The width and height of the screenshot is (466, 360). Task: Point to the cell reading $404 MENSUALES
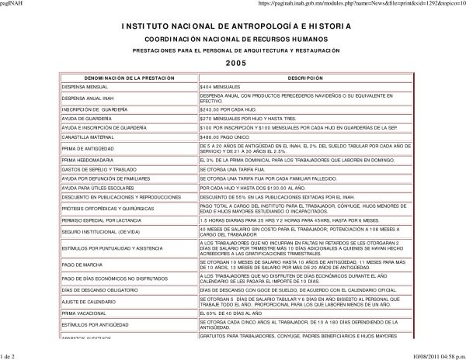222,88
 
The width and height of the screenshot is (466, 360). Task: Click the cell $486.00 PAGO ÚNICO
226,136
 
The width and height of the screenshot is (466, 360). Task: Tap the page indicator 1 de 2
12,355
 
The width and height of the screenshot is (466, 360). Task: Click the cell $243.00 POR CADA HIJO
230,110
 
